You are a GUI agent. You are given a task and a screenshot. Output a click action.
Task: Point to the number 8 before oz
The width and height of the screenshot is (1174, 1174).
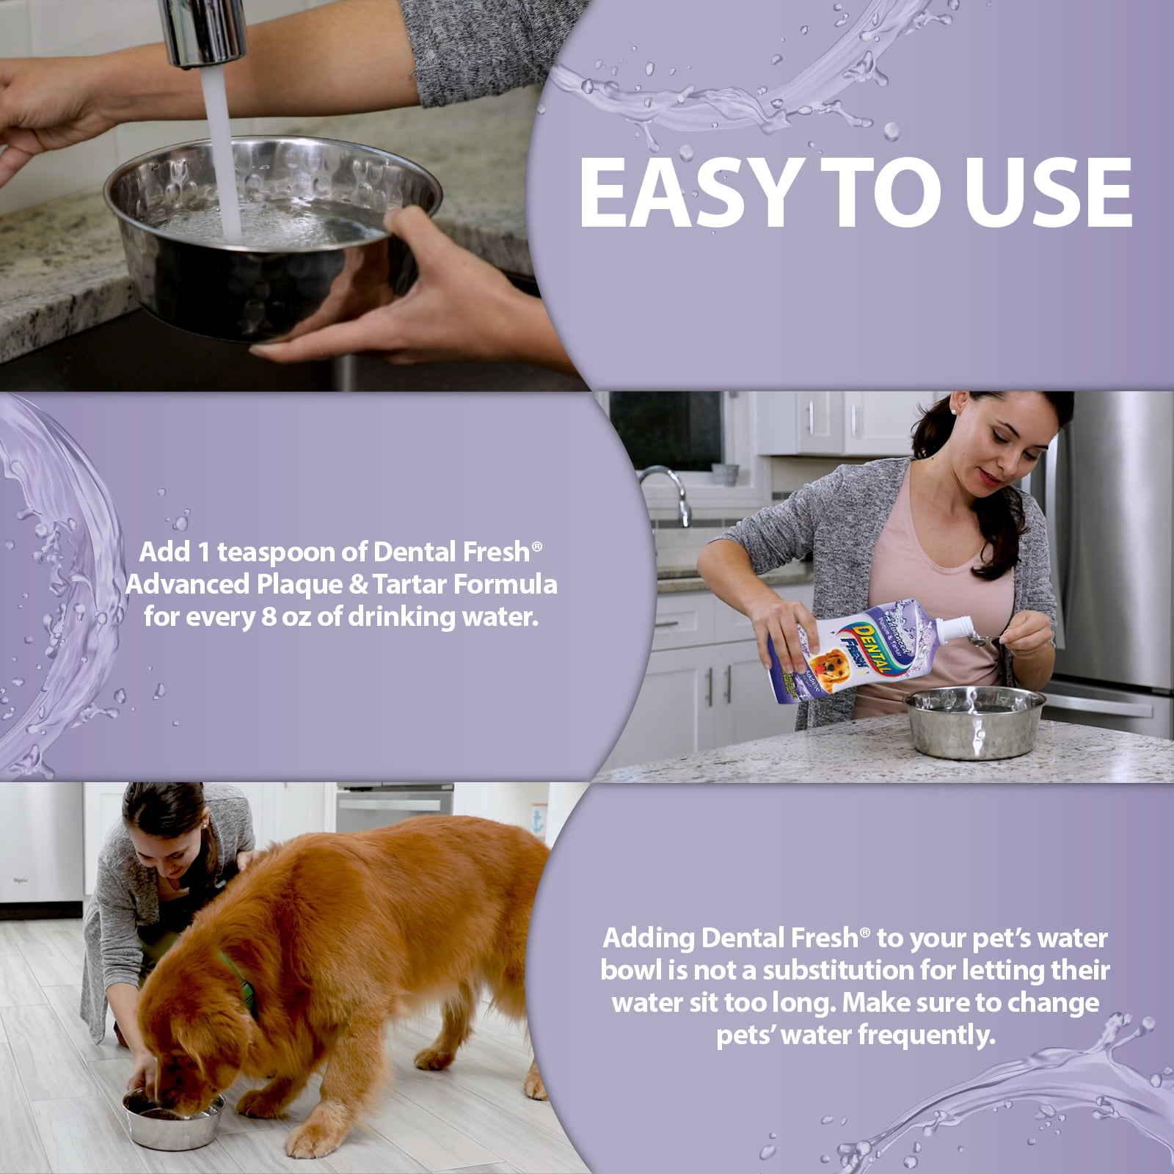(x=269, y=616)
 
